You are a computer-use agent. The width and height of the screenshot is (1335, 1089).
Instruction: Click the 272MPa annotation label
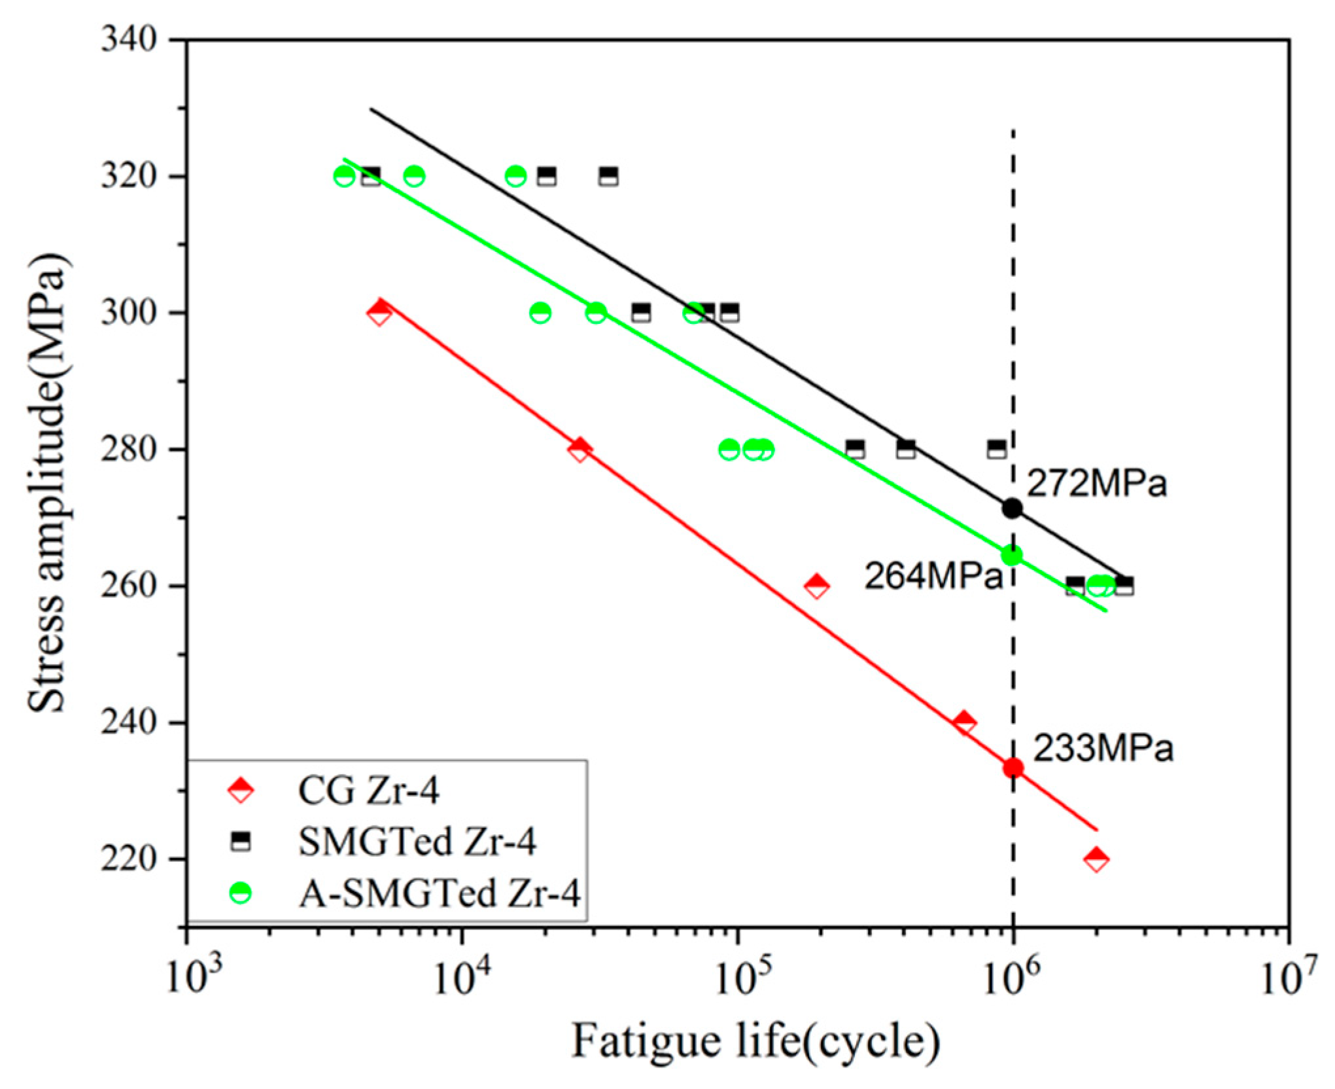(x=1096, y=484)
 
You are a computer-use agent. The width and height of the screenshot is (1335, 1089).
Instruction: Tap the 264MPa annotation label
(x=933, y=577)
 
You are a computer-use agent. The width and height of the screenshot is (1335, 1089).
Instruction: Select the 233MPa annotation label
(x=1103, y=748)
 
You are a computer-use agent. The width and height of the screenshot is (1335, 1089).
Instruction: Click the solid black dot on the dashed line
(x=1013, y=508)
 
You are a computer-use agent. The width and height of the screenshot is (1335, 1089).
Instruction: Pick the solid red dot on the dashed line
(x=1013, y=768)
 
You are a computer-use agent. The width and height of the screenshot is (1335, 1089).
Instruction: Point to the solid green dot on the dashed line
(x=1013, y=556)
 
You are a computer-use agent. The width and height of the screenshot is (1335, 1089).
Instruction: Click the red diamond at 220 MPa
(x=1097, y=859)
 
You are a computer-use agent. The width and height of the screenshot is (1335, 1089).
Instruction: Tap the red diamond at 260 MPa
(x=816, y=586)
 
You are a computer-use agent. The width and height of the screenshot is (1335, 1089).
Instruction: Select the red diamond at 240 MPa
(x=964, y=723)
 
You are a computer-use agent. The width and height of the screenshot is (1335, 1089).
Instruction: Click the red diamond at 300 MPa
(x=379, y=312)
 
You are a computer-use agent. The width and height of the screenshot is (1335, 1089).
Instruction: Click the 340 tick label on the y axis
(x=130, y=41)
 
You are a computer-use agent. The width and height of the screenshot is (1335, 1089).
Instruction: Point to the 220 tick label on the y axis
(x=130, y=859)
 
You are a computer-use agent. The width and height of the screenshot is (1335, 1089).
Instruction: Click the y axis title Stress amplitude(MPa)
(x=47, y=482)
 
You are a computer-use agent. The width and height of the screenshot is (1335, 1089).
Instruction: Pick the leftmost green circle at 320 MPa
(x=344, y=176)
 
